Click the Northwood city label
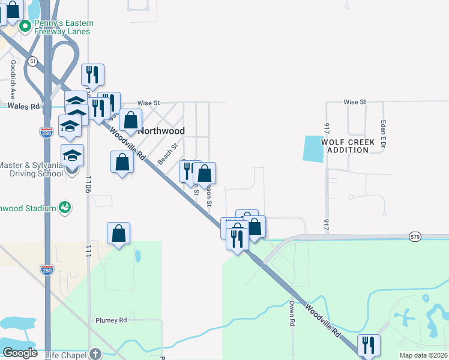pyautogui.click(x=161, y=130)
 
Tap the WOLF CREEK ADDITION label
pyautogui.click(x=348, y=146)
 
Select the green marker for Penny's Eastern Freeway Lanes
pyautogui.click(x=25, y=26)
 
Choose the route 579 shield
pyautogui.click(x=415, y=237)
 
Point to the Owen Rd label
pyautogui.click(x=292, y=313)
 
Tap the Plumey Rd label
pyautogui.click(x=111, y=320)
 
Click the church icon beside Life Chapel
pyautogui.click(x=95, y=354)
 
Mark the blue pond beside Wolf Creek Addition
pyautogui.click(x=312, y=148)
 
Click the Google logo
pyautogui.click(x=20, y=353)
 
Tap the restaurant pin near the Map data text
pyautogui.click(x=369, y=345)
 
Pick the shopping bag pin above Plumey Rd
pyautogui.click(x=119, y=233)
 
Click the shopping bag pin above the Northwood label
pyautogui.click(x=130, y=119)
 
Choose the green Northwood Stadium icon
pyautogui.click(x=65, y=208)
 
